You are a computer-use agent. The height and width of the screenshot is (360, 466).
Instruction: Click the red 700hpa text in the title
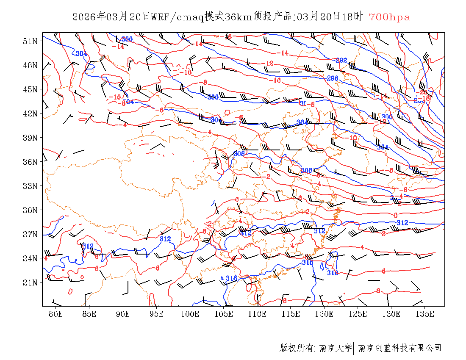[389, 17]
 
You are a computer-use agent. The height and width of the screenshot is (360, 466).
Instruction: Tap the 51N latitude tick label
[30, 41]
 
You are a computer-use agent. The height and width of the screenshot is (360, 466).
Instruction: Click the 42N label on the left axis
[30, 114]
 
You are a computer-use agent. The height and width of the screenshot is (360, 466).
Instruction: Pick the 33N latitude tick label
[30, 186]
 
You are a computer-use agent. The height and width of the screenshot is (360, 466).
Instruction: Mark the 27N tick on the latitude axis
[30, 234]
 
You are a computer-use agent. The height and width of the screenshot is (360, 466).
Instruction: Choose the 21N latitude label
[30, 282]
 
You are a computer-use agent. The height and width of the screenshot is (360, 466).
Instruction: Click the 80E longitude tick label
[56, 314]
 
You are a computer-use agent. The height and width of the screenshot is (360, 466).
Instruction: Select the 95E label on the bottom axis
[157, 314]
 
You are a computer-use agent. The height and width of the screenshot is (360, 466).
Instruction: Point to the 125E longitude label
[358, 314]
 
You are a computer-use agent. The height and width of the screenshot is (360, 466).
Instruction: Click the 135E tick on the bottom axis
[425, 314]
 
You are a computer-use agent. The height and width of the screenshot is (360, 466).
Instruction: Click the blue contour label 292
[341, 60]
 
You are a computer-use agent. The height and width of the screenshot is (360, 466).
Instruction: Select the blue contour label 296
[333, 78]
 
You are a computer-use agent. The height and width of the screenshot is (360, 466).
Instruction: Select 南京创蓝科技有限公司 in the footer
[399, 348]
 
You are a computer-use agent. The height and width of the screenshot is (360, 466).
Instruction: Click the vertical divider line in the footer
[353, 348]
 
